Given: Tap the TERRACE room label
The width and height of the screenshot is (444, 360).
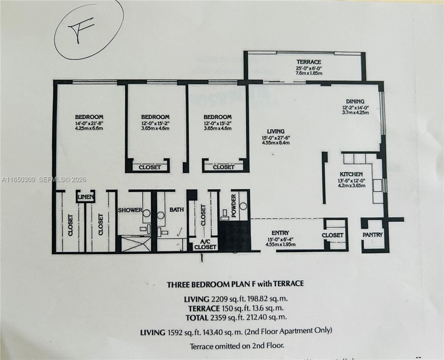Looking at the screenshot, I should click(x=309, y=62).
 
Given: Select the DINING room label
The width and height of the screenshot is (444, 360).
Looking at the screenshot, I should click(x=355, y=101).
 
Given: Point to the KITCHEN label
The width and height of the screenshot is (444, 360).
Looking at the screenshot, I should click(x=351, y=174).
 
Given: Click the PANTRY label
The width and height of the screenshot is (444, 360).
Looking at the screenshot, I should click(x=373, y=235).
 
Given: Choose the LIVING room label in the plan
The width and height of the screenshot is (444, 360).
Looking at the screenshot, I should click(x=276, y=131).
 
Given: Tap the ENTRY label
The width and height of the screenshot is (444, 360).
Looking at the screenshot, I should click(x=280, y=233).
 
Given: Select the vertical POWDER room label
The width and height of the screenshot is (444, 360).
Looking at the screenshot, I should click(x=234, y=205).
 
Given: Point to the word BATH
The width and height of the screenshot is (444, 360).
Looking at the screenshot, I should click(x=176, y=210).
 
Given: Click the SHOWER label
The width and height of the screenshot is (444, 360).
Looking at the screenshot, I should click(x=130, y=210).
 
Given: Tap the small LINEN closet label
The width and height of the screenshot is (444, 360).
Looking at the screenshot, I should click(x=86, y=197).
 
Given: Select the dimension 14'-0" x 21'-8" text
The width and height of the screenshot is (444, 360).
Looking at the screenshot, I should click(x=89, y=123).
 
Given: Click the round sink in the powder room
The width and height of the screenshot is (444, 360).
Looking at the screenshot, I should click(x=243, y=206).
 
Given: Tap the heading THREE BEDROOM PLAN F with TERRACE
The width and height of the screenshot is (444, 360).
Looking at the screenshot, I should click(x=235, y=284).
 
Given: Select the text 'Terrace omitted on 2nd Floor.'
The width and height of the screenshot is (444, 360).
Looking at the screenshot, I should click(x=236, y=346).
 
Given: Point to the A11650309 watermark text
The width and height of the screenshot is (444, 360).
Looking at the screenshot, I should click(x=18, y=180).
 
